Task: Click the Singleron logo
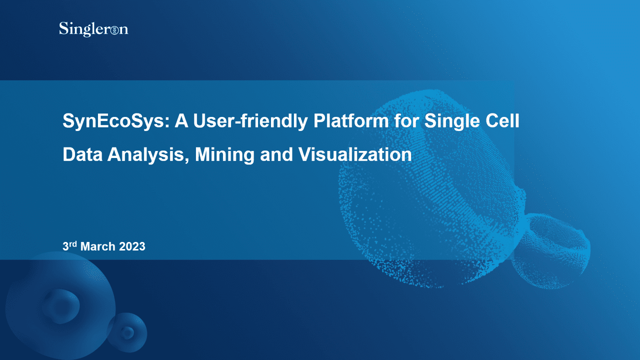(93, 29)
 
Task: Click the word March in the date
(98, 246)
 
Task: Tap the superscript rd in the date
(73, 243)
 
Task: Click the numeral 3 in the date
(65, 246)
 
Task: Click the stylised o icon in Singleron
(114, 30)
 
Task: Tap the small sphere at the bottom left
(127, 332)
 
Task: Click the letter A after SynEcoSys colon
(180, 121)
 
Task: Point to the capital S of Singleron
(63, 28)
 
